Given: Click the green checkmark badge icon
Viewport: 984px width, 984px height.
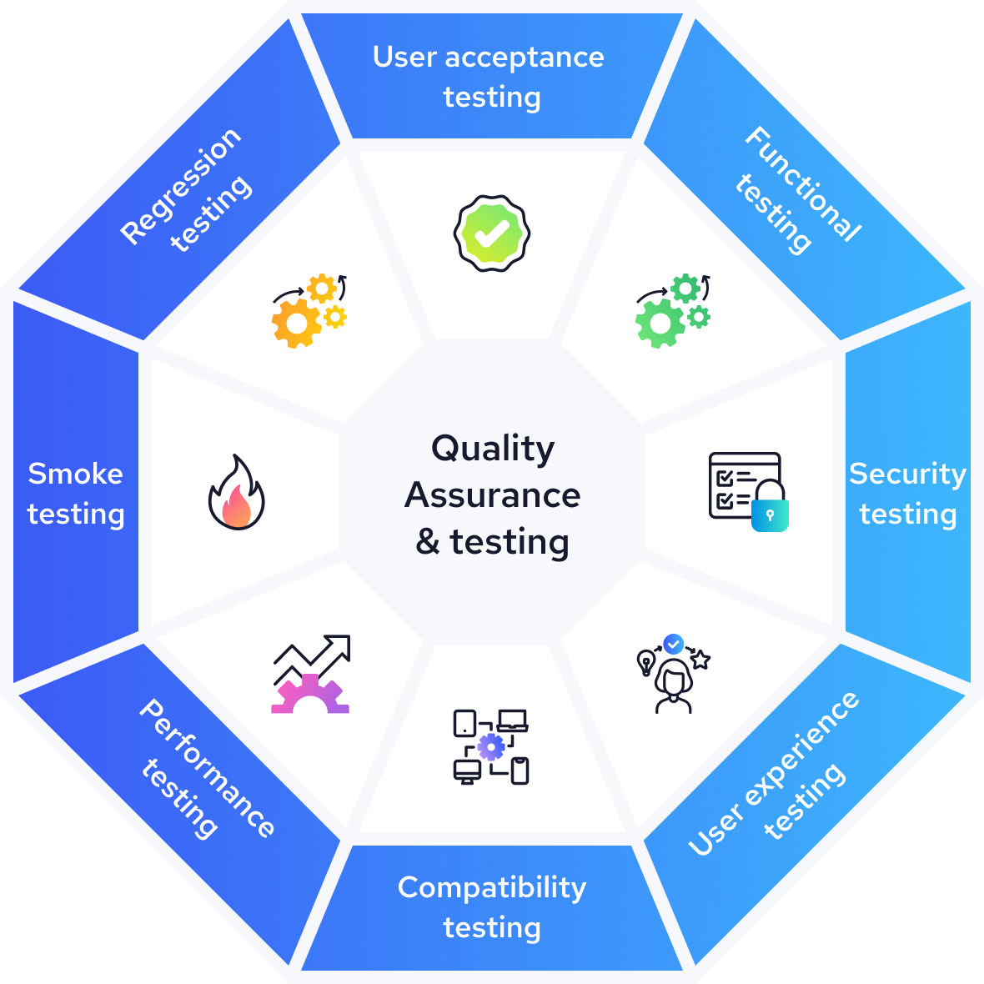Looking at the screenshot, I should pos(492,233).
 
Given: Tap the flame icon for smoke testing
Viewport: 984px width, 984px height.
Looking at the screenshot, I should pos(237,494).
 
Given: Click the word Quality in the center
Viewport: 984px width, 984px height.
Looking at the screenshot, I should pos(492,449).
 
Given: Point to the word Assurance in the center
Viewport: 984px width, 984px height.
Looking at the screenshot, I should pos(492,495).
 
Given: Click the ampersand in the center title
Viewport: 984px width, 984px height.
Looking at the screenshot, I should pos(428,542).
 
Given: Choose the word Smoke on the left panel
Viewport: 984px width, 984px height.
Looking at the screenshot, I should pos(75,474).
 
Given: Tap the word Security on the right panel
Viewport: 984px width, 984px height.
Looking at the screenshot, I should pos(907,474).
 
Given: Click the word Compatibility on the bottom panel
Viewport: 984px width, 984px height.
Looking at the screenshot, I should pos(492,887).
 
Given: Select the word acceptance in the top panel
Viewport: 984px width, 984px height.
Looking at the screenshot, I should pos(525,58).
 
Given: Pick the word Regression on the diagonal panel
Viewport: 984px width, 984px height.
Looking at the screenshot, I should pos(180,186).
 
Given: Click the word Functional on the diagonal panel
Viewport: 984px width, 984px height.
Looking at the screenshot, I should pos(802,184).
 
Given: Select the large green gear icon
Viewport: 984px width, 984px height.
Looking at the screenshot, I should pos(660,323).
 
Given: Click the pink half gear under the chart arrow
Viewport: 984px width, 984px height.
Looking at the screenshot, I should pos(310,695).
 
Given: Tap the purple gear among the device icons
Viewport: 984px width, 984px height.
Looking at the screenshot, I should pos(491,746).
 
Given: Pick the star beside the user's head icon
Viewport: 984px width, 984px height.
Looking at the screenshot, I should pos(700,660).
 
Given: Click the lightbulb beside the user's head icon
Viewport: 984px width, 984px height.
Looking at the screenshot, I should pos(645,662).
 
